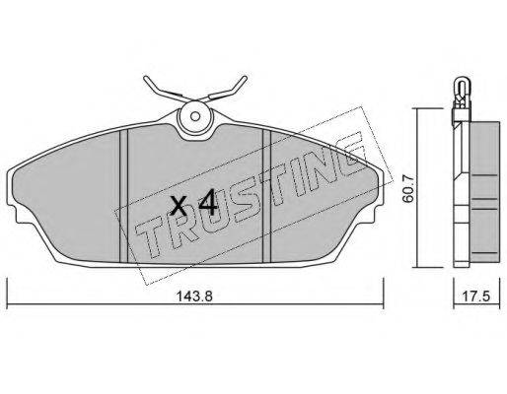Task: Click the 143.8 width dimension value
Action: (x=194, y=296)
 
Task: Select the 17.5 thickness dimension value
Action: (x=476, y=296)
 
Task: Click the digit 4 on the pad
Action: (x=207, y=202)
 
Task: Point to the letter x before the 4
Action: (x=180, y=206)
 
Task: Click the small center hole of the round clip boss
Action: (x=195, y=116)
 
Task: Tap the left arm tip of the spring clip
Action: (x=146, y=78)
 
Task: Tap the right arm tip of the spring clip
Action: (x=245, y=78)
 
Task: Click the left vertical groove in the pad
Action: (x=123, y=196)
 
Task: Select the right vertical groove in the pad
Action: (x=266, y=196)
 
